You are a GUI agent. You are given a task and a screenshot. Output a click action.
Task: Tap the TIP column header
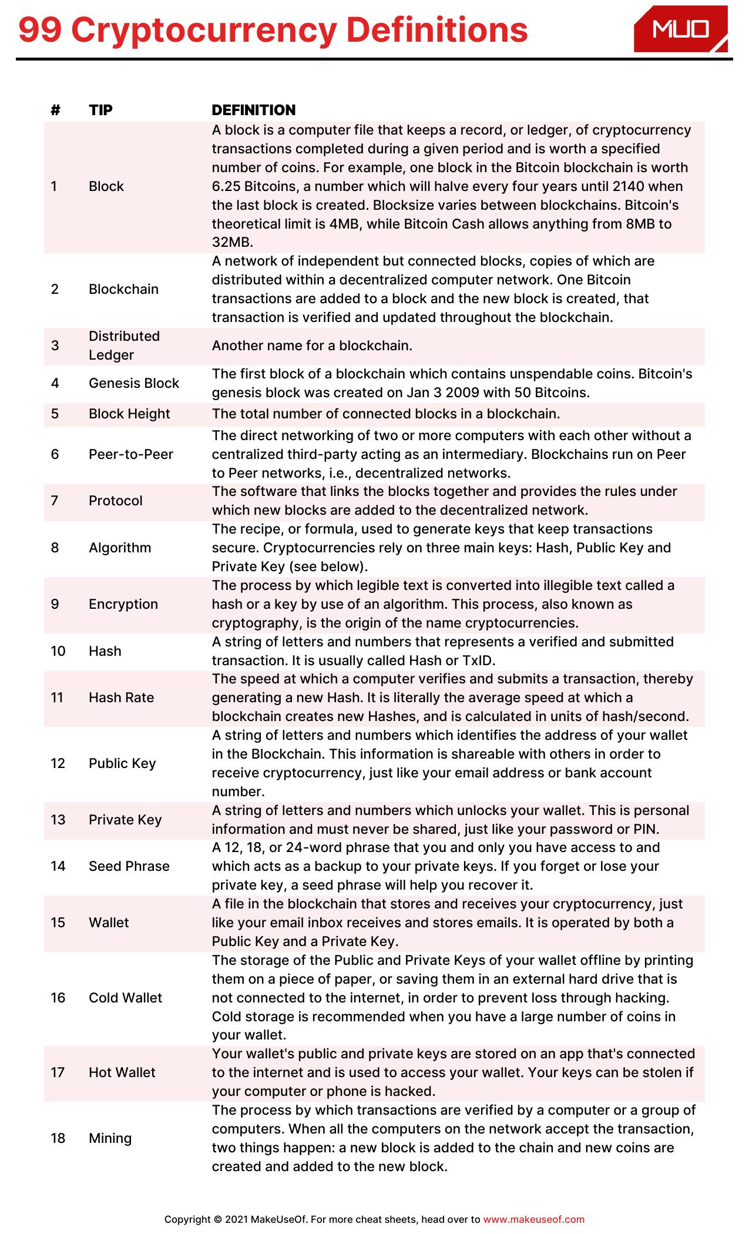pos(100,110)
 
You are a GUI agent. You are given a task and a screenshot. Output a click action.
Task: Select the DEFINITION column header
pos(253,110)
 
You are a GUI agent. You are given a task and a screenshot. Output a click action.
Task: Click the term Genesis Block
pos(133,383)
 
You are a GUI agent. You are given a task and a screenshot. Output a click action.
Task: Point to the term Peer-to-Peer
pos(130,454)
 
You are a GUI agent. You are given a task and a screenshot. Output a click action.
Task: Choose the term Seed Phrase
pos(129,866)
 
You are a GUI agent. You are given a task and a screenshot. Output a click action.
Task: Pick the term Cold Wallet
pos(125,998)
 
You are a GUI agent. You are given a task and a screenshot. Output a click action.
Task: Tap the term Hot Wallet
pos(122,1072)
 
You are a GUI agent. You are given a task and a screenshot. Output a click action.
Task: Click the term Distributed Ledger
pos(124,346)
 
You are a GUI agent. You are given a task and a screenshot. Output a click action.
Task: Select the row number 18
pos(58,1138)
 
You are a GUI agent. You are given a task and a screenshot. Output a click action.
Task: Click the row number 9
pos(55,604)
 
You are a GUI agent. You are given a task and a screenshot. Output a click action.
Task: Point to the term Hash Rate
pos(121,698)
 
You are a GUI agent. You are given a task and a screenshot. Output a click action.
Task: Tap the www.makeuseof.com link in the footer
pos(533,1219)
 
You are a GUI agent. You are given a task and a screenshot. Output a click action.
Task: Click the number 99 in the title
pos(40,31)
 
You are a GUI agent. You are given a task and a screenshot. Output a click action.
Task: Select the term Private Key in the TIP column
pos(125,820)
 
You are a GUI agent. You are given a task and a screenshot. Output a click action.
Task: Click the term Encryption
pos(123,604)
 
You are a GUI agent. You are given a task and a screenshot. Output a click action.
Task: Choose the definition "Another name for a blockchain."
pos(312,346)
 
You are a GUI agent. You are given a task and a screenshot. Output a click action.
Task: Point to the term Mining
pos(110,1138)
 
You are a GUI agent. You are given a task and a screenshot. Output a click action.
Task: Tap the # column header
pos(56,110)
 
